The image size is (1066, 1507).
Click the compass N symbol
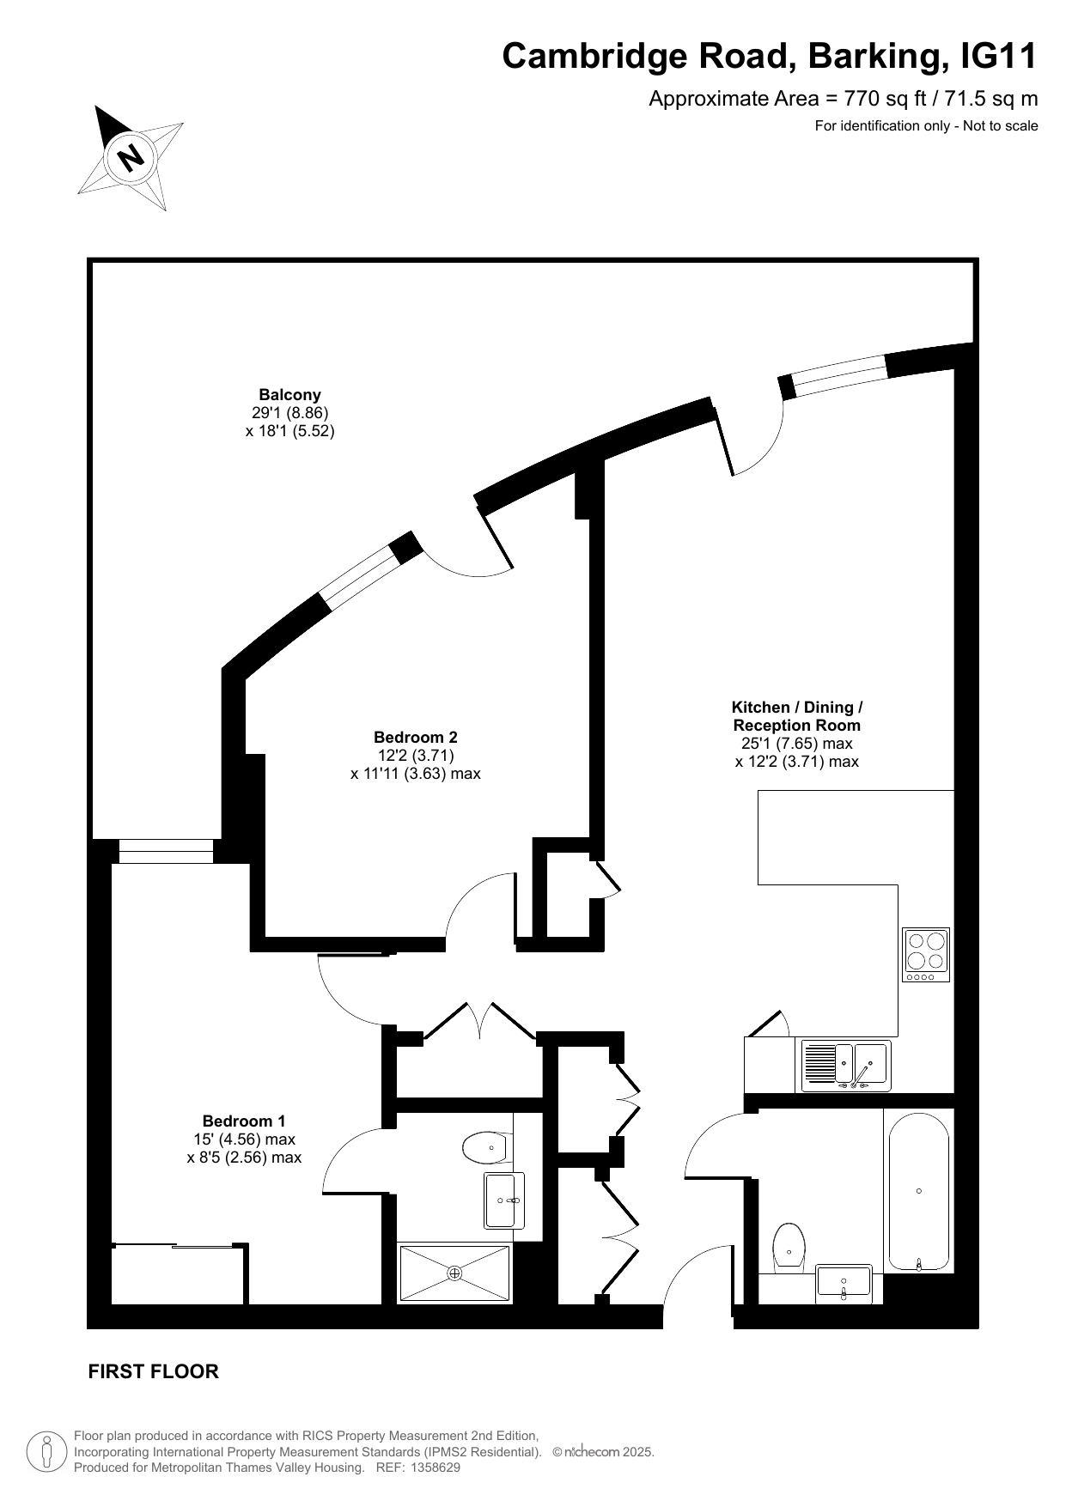[131, 158]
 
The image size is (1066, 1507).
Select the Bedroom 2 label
[416, 737]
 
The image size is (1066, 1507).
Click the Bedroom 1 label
[244, 1121]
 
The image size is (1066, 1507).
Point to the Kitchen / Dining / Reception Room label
[797, 716]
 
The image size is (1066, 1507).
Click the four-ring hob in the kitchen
[926, 954]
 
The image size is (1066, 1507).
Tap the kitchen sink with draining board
[846, 1066]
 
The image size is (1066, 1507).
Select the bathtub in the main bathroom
[919, 1191]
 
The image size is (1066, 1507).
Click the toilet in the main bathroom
[789, 1245]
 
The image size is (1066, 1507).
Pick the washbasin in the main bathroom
[844, 1284]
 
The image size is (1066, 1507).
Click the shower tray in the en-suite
[454, 1273]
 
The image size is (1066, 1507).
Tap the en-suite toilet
[487, 1147]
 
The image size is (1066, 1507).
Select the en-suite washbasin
[504, 1200]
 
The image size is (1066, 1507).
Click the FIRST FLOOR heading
[154, 1371]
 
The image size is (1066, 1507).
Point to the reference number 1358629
[436, 1468]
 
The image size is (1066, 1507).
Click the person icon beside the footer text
[47, 1452]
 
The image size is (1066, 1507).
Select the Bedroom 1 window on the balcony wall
[166, 851]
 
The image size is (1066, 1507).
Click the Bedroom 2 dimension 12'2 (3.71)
[416, 755]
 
